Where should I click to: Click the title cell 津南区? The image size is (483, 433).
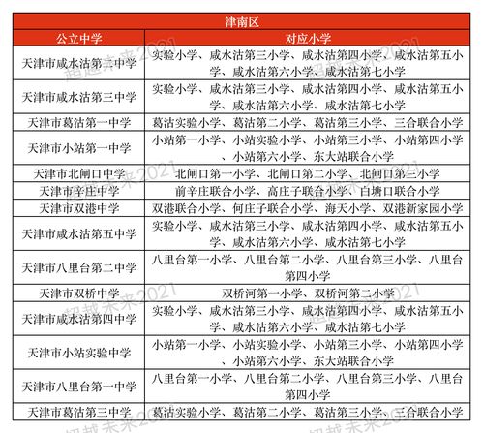[x=241, y=15]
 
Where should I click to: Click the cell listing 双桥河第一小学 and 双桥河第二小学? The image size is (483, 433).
[x=306, y=293]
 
